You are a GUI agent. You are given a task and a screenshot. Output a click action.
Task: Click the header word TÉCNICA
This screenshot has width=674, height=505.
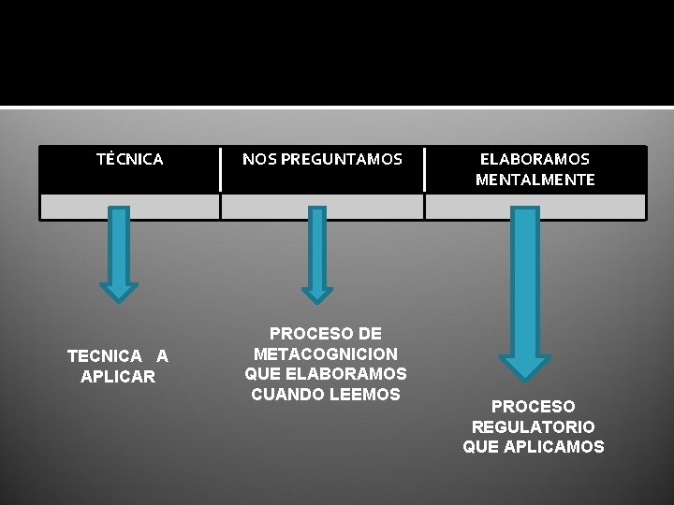129,159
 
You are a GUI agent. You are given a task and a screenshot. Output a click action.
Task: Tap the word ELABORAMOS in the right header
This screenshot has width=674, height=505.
535,159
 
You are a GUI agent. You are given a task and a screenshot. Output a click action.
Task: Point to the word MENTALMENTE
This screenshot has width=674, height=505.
535,180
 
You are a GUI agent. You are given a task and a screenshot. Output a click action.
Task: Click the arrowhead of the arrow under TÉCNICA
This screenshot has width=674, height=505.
118,292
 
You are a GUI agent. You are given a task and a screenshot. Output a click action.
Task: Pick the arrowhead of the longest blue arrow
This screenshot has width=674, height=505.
525,367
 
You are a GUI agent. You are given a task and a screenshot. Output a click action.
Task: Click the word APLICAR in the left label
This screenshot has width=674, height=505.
118,376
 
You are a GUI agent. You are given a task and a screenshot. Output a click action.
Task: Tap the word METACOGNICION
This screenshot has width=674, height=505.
326,353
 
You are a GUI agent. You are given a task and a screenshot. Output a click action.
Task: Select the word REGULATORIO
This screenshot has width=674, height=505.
534,426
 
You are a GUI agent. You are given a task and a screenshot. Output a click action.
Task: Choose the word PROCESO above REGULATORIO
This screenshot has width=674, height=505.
534,407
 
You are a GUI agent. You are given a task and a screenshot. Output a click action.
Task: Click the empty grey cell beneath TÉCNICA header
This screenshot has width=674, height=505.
129,206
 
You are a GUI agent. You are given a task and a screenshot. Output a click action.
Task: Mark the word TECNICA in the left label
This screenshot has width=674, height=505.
103,356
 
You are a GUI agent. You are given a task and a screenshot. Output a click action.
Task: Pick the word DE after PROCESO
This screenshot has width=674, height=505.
370,334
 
